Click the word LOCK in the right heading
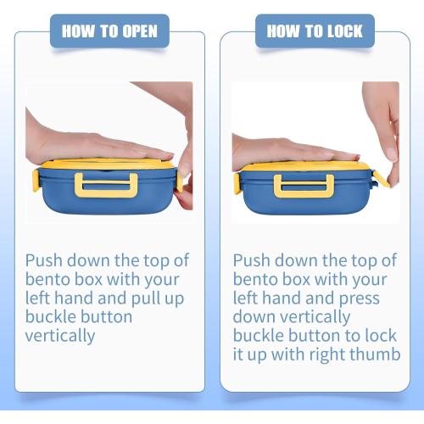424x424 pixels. tap(344, 31)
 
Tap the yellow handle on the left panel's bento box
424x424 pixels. tap(106, 185)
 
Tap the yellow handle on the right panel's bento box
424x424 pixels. tap(304, 186)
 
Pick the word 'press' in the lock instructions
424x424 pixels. tap(359, 299)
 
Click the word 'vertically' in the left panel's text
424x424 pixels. tap(60, 337)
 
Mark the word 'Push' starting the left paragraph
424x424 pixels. tap(44, 260)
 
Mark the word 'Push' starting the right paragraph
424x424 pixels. tap(251, 260)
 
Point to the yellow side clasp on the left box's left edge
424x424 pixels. tap(36, 181)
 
